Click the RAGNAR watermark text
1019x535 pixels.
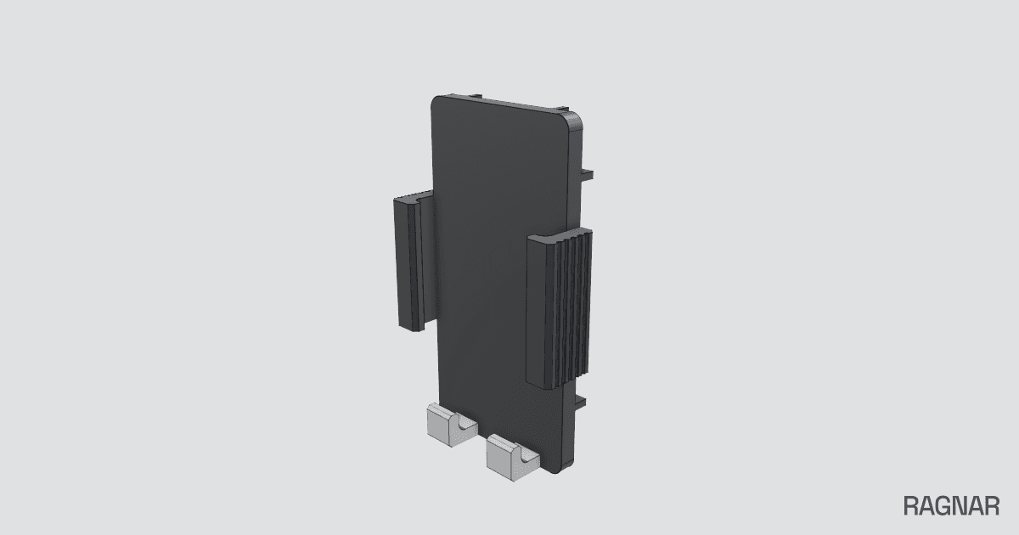click(x=951, y=506)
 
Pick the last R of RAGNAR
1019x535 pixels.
click(x=992, y=506)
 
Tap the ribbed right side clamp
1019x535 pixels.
click(x=560, y=308)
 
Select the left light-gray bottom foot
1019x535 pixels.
click(x=451, y=425)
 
